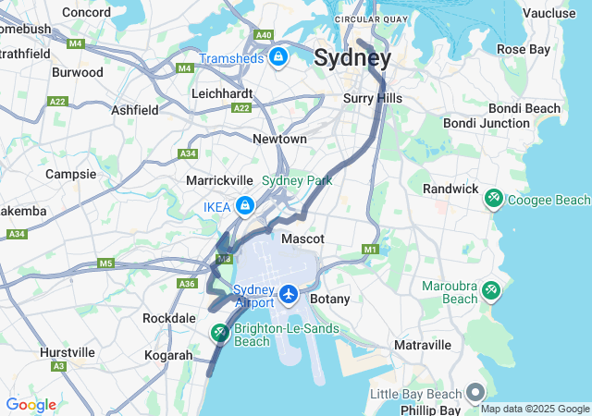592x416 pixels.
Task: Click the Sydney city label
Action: [x=352, y=57]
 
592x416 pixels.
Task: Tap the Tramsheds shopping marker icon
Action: [x=278, y=57]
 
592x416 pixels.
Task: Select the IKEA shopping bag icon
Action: [x=244, y=205]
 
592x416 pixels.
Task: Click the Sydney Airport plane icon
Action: [x=290, y=294]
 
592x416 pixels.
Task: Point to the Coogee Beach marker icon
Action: [x=494, y=199]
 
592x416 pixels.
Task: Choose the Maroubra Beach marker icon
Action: [x=488, y=291]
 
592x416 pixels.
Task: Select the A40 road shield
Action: [x=264, y=35]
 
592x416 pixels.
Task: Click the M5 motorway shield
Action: [x=105, y=263]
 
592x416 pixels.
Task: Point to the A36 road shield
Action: [x=187, y=284]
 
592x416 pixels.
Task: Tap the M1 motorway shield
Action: [x=371, y=250]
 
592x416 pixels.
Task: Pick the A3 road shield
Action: [x=58, y=367]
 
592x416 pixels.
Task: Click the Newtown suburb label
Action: [x=279, y=139]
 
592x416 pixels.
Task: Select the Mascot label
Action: [x=302, y=239]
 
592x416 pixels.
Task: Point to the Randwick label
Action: [x=450, y=189]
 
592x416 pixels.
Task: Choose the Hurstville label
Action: [x=68, y=352]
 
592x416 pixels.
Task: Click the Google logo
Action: [x=31, y=404]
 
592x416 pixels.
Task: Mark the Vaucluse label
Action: [x=549, y=13]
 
